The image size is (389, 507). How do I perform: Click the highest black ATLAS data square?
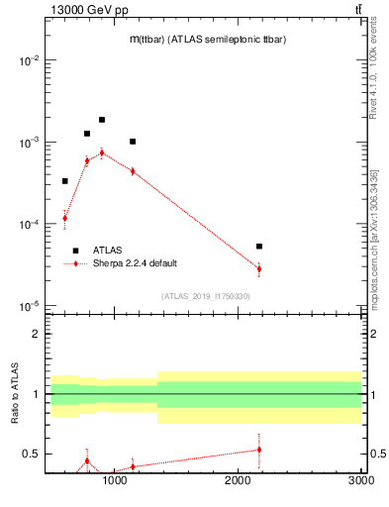102,120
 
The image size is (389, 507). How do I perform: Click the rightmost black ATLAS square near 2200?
259,247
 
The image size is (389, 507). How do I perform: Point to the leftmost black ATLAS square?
65,181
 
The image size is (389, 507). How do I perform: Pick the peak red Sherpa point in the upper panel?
102,152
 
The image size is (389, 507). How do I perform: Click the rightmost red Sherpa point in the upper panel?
259,268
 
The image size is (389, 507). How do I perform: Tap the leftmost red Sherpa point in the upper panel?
65,218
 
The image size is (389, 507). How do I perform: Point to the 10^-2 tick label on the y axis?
29,61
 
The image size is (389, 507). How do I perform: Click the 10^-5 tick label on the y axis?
29,306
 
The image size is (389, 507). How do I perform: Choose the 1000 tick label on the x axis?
116,481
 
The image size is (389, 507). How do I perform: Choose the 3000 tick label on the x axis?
361,481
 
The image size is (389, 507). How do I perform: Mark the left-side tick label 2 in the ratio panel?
37,335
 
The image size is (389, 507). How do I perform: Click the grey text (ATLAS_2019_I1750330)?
206,296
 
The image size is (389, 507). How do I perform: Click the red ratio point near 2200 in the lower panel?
259,450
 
